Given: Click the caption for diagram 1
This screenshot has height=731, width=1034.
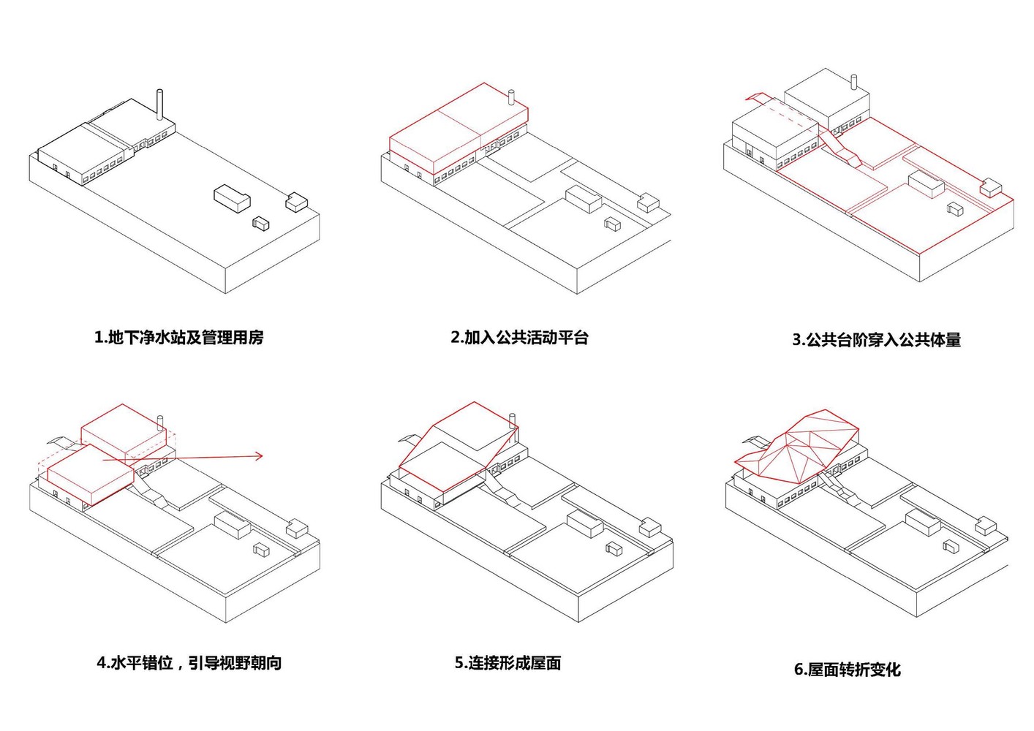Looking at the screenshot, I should (178, 338).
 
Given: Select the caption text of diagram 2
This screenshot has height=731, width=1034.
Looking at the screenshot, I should (519, 338).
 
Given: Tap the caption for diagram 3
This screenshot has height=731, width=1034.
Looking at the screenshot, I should (876, 340).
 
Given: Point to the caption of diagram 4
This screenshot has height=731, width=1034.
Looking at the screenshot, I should (189, 664).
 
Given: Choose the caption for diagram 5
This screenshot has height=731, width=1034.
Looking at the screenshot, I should (507, 664).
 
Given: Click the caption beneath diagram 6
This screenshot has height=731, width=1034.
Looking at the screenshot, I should (847, 670).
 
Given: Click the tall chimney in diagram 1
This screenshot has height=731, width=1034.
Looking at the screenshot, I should (159, 105).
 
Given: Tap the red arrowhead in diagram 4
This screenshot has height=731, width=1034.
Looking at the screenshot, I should (257, 457).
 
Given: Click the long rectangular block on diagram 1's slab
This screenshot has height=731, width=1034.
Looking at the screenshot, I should (232, 198).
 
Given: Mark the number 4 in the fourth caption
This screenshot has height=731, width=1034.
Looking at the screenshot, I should (102, 664).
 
